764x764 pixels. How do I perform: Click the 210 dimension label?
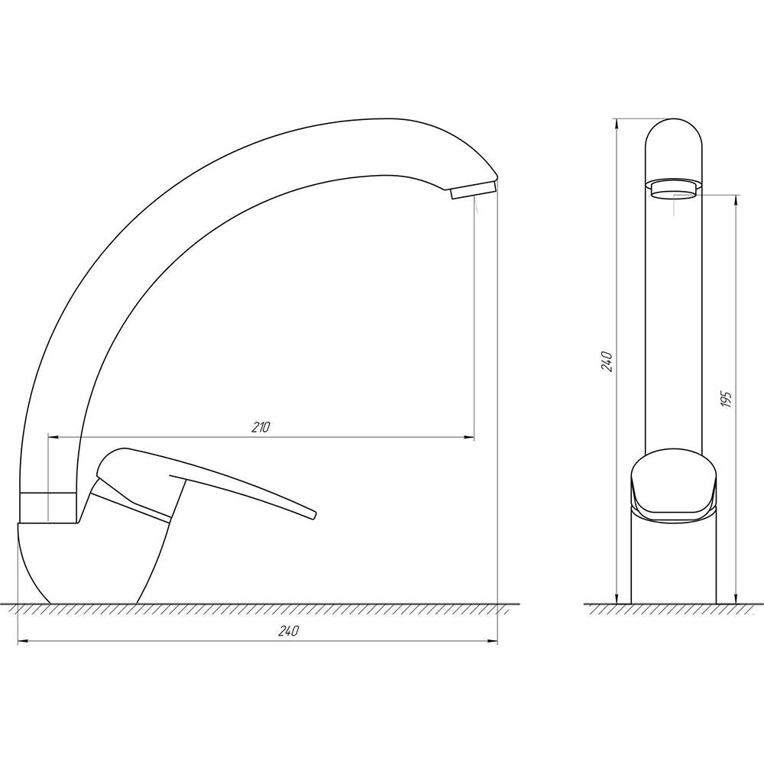point(261,427)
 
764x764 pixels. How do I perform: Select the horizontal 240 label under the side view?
point(289,631)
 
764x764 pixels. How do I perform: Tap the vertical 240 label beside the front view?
point(607,361)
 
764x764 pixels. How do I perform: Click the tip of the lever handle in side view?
point(313,513)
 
